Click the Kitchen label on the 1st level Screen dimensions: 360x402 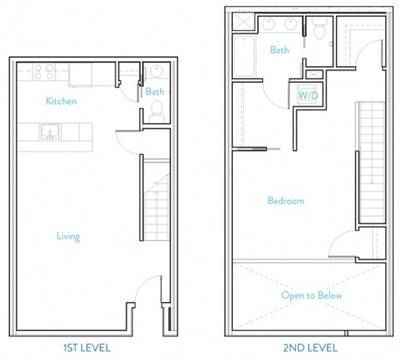point(61,101)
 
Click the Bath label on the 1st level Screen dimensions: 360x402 point(154,91)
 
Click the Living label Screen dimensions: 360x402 point(68,236)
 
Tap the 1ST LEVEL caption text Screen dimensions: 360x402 point(88,347)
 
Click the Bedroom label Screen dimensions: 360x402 point(286,201)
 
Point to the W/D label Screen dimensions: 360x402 point(306,95)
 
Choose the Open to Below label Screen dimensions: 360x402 point(312,296)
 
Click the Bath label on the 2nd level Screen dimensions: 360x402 point(280,50)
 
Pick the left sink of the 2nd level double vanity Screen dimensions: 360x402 point(270,24)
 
